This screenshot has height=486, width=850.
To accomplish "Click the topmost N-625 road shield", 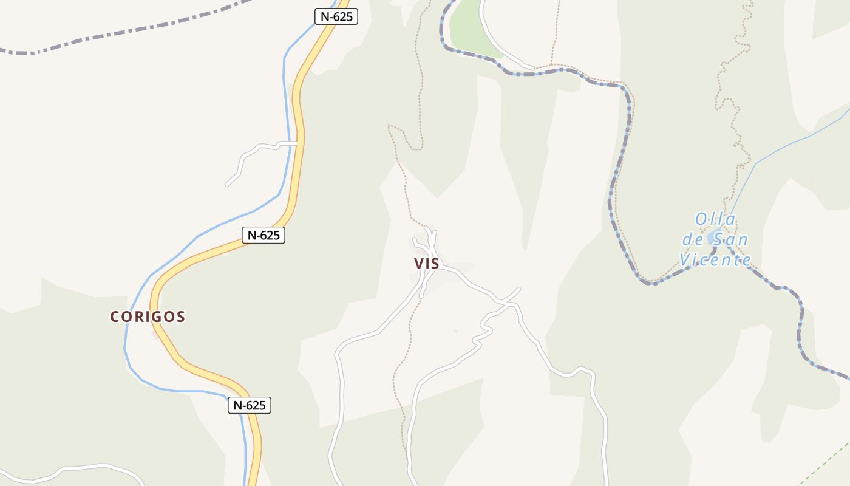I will [x=336, y=16].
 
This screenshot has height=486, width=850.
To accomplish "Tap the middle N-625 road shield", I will [x=263, y=235].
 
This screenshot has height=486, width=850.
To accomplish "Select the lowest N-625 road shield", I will [x=250, y=405].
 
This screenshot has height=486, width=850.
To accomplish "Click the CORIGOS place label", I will [x=148, y=317].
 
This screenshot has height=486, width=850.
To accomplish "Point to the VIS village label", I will [x=426, y=264].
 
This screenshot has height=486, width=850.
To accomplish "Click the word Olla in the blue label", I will [x=715, y=219].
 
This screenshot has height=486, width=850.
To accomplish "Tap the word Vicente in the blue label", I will [x=715, y=260].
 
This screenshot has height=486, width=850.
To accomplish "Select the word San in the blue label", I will [x=727, y=239].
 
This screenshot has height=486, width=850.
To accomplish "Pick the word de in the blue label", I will [x=693, y=239].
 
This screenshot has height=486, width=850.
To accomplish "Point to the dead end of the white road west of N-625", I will [x=227, y=184].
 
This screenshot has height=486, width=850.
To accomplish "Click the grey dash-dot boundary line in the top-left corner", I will [x=121, y=30].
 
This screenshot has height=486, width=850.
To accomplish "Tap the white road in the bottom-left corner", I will [x=91, y=467].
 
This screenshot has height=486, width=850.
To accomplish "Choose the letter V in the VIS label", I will [x=418, y=264].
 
